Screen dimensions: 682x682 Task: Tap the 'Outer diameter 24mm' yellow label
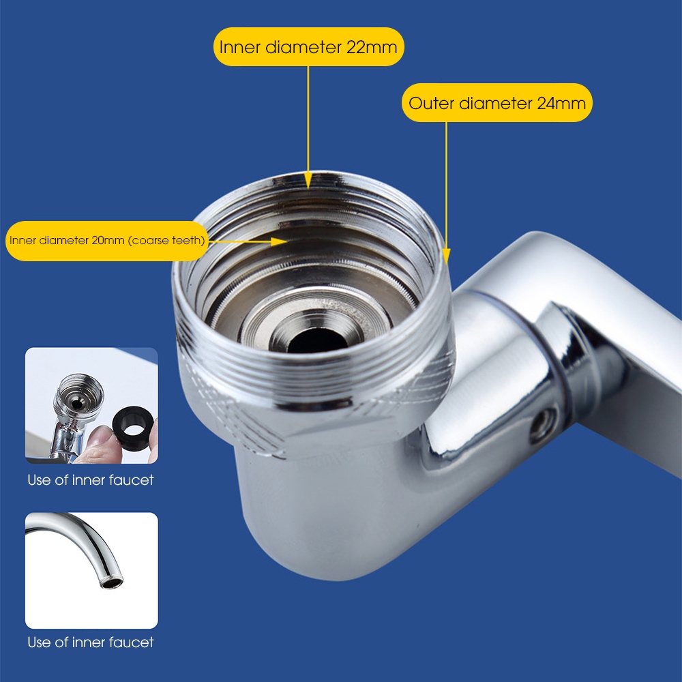click(x=496, y=103)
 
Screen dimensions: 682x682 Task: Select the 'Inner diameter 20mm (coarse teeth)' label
click(x=106, y=240)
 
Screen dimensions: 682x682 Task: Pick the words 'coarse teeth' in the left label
click(x=166, y=240)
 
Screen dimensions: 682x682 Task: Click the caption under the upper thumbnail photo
click(x=91, y=480)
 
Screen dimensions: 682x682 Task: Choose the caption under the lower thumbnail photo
click(x=91, y=642)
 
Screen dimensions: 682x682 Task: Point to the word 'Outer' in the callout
click(x=432, y=103)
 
